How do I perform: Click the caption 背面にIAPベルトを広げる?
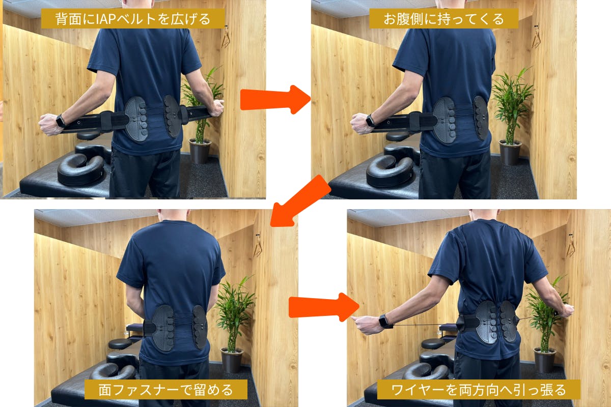click(133, 19)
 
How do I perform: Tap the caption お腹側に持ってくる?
click(443, 19)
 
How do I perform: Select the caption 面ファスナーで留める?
click(165, 390)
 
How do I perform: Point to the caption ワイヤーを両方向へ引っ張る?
click(479, 390)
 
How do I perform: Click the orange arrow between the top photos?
click(275, 100)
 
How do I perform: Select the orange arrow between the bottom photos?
click(324, 307)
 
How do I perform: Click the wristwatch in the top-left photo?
click(61, 121)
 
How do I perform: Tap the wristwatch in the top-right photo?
click(371, 121)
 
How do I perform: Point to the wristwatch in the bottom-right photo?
click(384, 321)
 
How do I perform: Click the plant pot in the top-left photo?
click(200, 151)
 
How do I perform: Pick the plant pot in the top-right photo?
click(510, 152)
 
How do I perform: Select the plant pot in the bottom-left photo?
click(232, 360)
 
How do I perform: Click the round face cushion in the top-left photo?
click(81, 169)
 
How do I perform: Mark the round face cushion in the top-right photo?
click(390, 171)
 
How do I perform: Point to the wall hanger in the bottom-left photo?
click(258, 245)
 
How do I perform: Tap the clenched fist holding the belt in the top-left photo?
click(48, 124)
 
